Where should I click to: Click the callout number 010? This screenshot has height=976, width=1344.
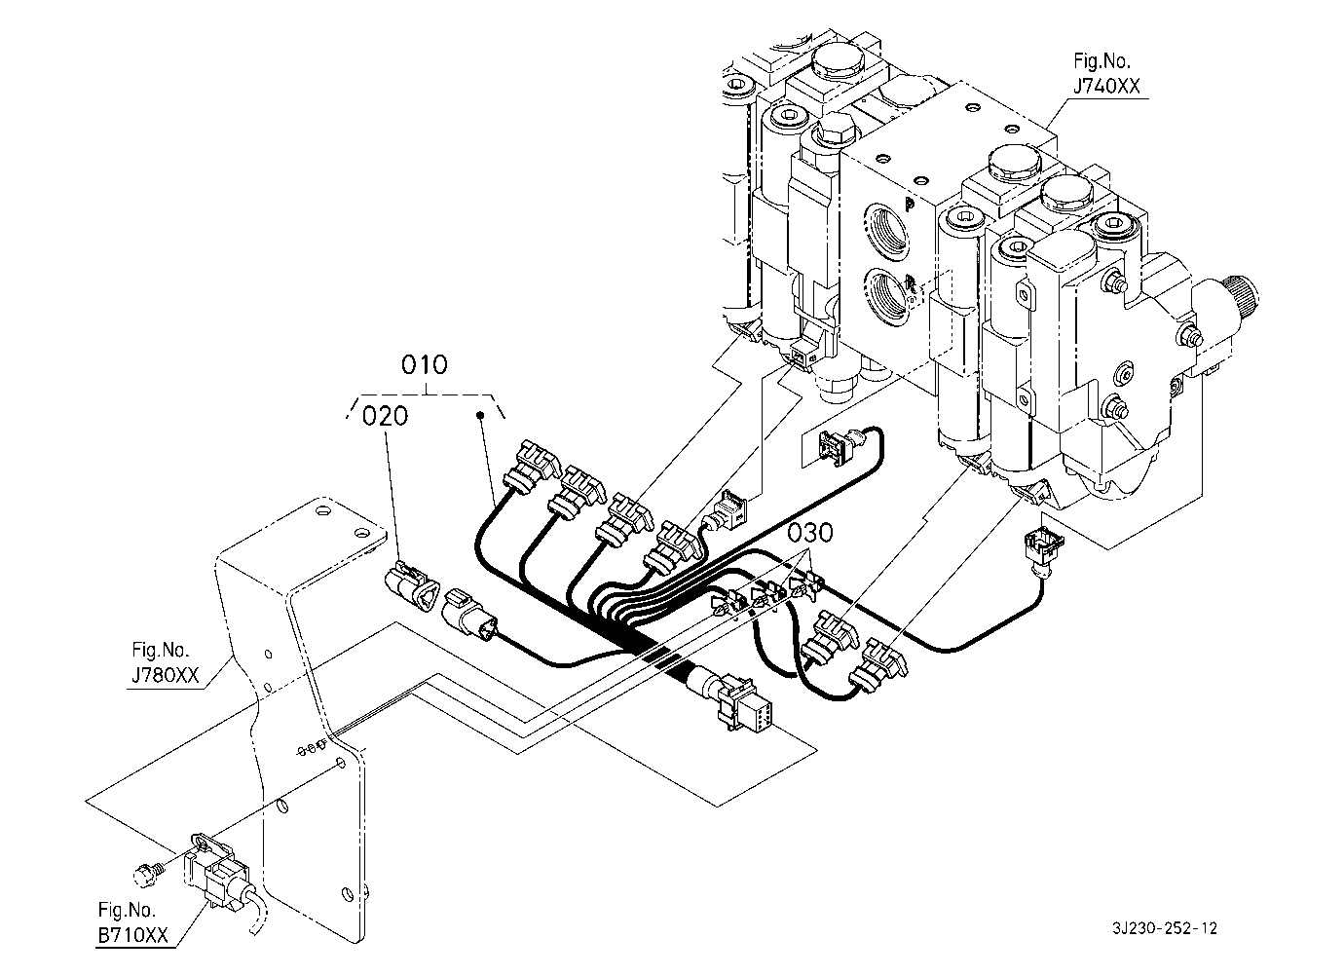coord(425,364)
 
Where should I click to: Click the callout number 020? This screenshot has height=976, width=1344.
coord(385,416)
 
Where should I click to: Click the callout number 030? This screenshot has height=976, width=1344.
coord(810,533)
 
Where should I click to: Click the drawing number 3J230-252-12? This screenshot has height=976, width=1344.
coord(1165,928)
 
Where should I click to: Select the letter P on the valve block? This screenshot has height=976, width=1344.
coord(909,206)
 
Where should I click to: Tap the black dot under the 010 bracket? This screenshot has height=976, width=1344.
coord(480,415)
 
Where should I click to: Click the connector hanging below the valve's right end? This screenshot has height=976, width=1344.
coord(1042,548)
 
